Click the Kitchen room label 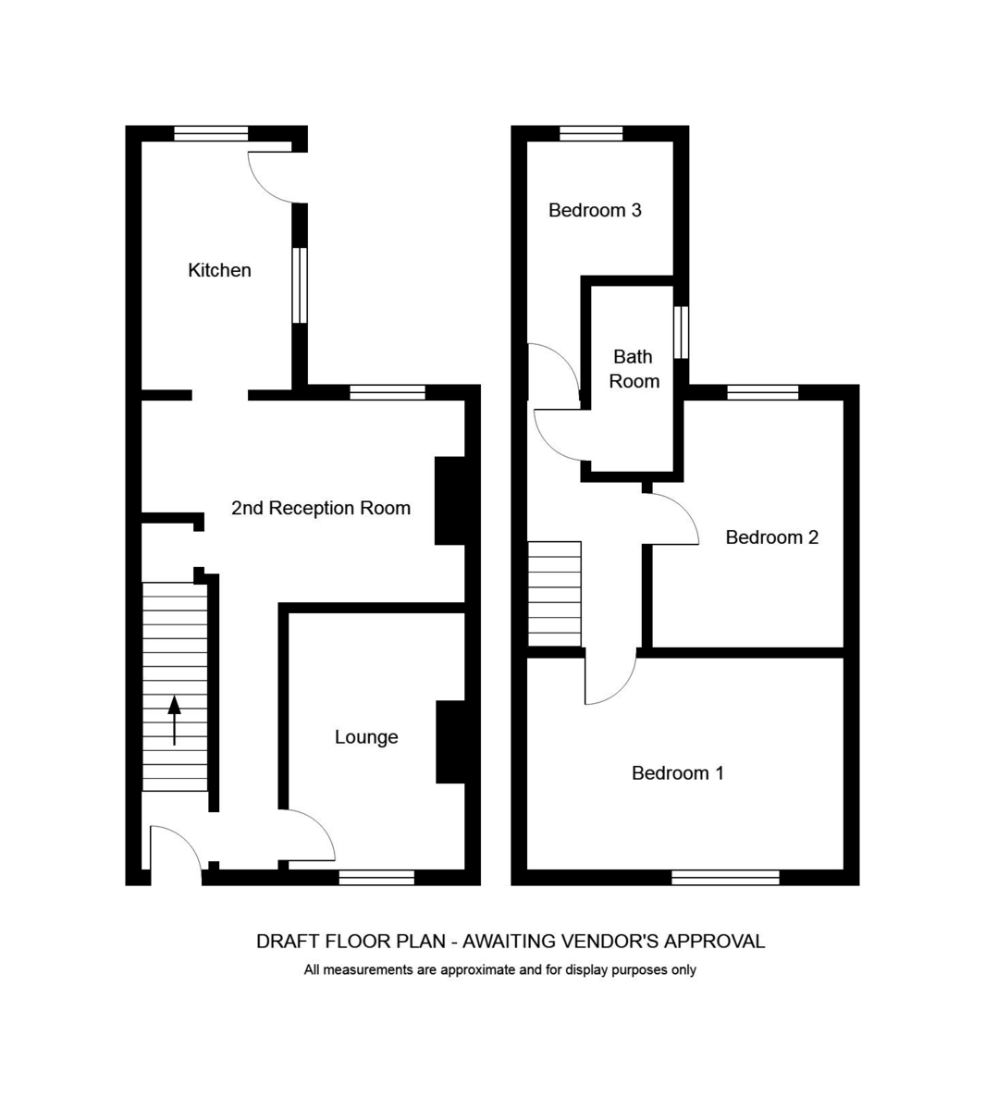tap(219, 270)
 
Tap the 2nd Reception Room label tap(321, 508)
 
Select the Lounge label tap(366, 737)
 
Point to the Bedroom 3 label tap(595, 210)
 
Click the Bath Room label tap(634, 369)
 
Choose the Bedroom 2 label tap(771, 536)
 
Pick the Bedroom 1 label tap(678, 772)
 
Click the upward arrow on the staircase tap(174, 720)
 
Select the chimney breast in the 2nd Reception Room tap(449, 500)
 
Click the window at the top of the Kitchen tap(211, 134)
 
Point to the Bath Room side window tap(681, 333)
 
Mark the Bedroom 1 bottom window tap(725, 877)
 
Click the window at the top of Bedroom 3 tap(591, 134)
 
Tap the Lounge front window tap(377, 877)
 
